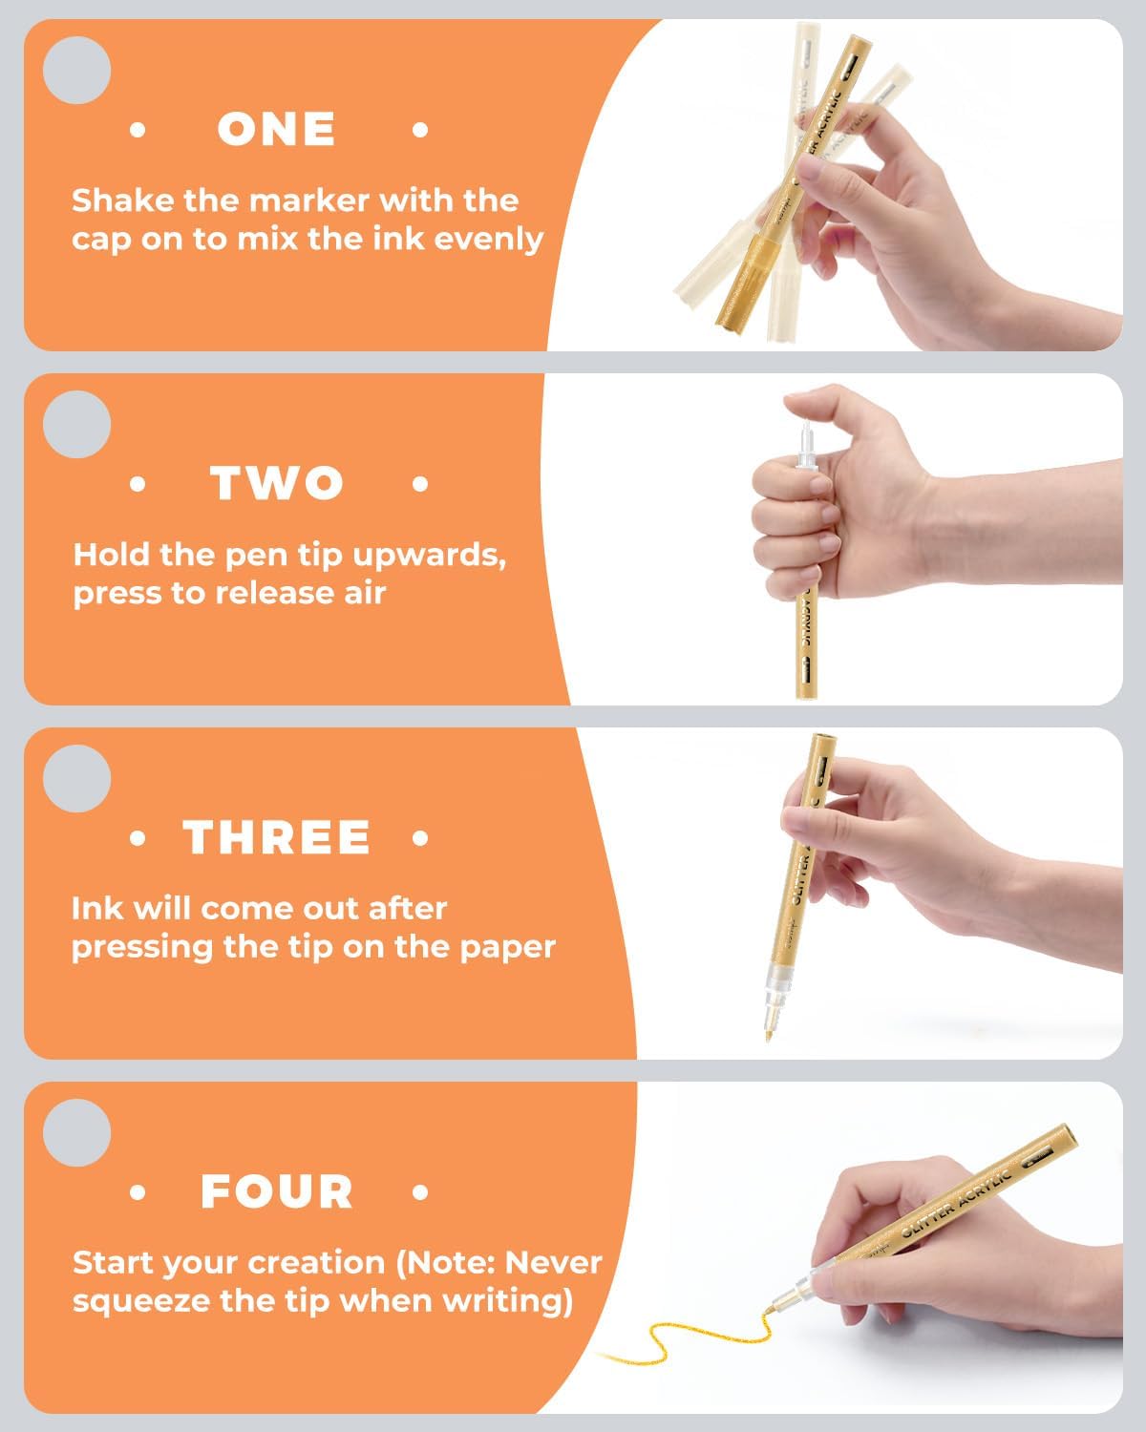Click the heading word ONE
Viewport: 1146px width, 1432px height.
pos(276,129)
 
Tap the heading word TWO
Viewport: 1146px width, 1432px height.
pos(277,483)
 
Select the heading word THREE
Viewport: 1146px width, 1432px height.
pos(276,837)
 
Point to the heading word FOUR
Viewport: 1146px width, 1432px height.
pos(276,1191)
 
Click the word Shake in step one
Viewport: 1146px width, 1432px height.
pos(123,200)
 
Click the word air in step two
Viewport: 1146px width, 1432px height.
pos(365,594)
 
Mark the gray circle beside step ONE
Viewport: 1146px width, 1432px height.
pos(76,70)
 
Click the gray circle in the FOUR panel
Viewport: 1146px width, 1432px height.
pos(76,1132)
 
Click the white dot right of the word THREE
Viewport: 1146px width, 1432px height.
pos(419,838)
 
